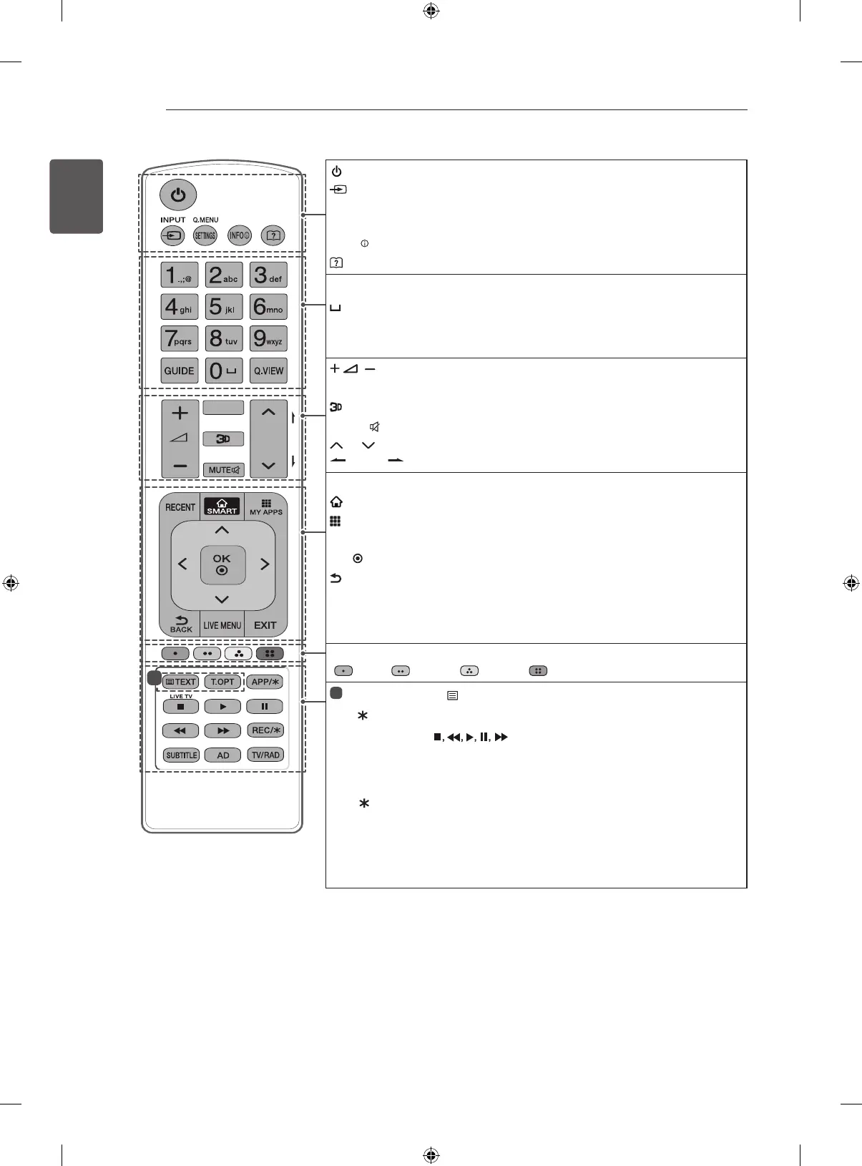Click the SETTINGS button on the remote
tap(205, 235)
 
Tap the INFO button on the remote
tap(239, 235)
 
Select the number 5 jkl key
tap(223, 307)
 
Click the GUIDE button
tap(180, 371)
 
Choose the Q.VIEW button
tap(268, 371)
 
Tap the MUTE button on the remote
tap(223, 470)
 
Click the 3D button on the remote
tap(223, 439)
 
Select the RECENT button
tap(180, 507)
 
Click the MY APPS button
tap(266, 506)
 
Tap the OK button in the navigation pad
tap(222, 564)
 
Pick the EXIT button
tap(265, 625)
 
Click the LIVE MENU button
tap(222, 625)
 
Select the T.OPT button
tap(222, 682)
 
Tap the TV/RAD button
tap(265, 755)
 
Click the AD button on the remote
tap(223, 755)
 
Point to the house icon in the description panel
tap(335, 503)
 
